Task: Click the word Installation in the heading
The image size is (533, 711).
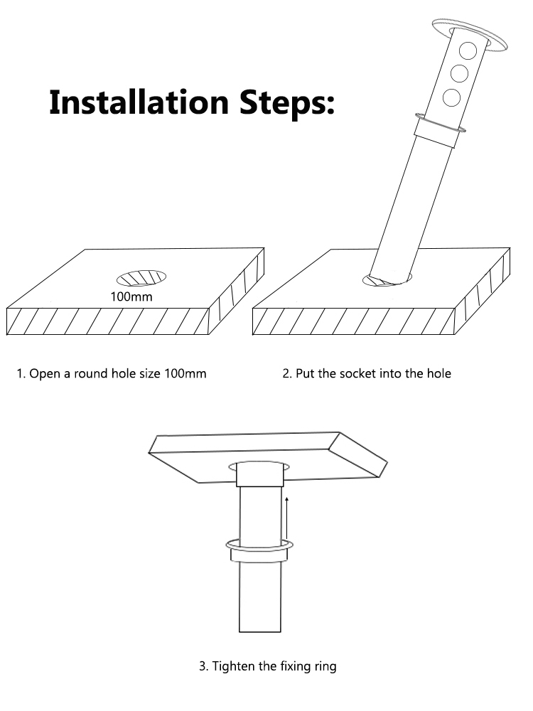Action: pos(139,102)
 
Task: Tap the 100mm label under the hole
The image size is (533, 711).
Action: pos(131,297)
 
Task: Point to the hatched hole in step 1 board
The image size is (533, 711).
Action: pos(141,278)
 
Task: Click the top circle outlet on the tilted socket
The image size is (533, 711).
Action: pos(468,50)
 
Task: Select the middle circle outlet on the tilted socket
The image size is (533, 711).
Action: pos(459,73)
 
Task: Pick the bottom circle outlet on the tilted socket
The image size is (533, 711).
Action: pos(451,97)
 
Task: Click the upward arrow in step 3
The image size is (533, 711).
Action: pos(287,518)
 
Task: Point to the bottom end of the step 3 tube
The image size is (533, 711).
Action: pos(259,631)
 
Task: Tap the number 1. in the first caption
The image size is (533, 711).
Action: pos(21,374)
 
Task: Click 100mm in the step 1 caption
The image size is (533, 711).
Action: pos(185,374)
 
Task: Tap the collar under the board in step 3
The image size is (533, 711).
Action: pos(259,474)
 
